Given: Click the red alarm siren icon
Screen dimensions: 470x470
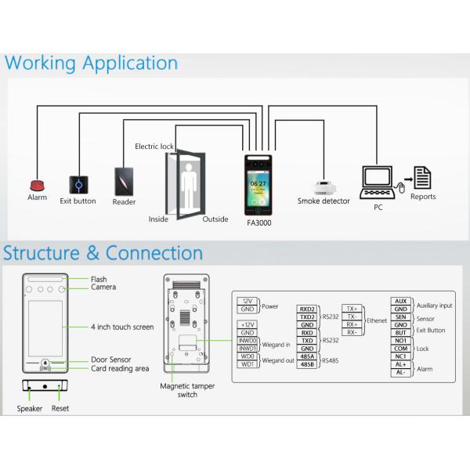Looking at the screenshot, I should coord(36,185).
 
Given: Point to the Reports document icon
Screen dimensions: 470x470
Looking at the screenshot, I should coord(423,178).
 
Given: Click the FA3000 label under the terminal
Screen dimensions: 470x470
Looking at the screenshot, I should coord(258,222).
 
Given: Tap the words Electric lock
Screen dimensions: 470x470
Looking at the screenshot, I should coord(154,146).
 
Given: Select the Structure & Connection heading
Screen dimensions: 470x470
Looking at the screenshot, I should coord(103,253).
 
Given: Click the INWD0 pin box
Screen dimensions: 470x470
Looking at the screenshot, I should coord(248,341).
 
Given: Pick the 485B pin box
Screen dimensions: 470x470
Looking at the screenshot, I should coord(307,364).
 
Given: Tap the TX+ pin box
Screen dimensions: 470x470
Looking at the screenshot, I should coord(352,309).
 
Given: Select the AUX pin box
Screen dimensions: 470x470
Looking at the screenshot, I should coord(400,302).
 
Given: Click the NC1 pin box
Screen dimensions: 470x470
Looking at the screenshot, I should coord(400,356).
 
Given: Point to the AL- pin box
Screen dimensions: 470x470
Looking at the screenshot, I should coord(400,373).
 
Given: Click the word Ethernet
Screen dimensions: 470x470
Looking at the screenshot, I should coord(377,321).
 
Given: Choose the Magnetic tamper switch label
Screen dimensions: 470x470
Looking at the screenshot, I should coord(187,390).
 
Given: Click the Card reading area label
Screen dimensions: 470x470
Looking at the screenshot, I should coord(120,368).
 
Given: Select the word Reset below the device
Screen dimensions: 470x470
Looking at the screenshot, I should coord(60,409).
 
